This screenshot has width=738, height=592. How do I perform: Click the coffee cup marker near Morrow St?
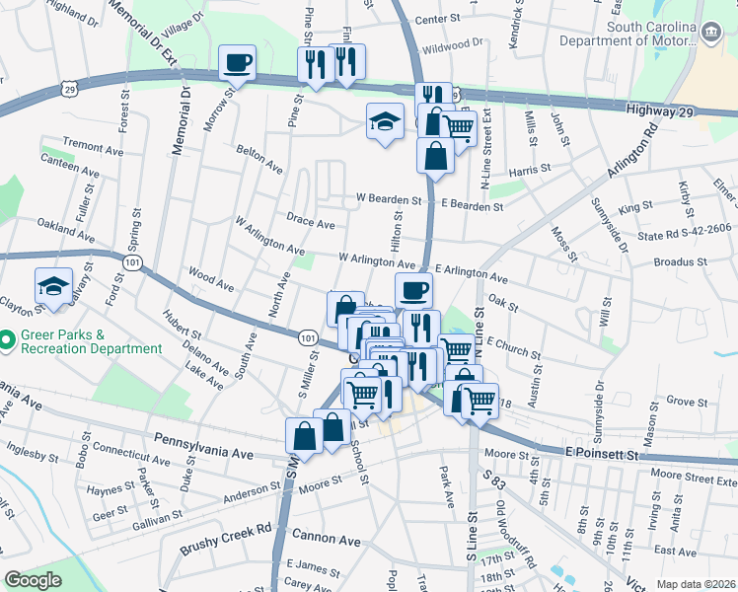point(237,64)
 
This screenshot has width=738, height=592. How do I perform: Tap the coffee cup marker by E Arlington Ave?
point(413,290)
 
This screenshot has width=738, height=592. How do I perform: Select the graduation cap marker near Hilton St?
point(385,121)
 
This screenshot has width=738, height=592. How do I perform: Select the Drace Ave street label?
point(311,223)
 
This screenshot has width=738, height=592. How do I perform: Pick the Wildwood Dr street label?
point(453,43)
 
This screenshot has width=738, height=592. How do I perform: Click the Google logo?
point(34,580)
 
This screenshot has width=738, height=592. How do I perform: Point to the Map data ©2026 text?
point(696,584)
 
